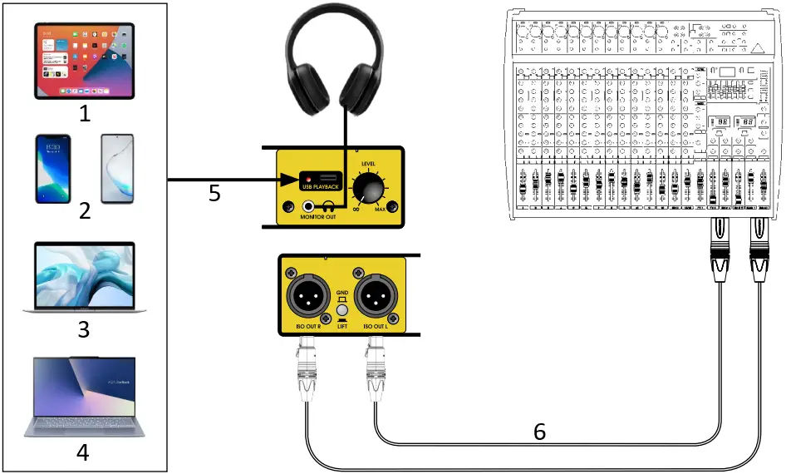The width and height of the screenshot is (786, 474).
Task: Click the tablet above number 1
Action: coord(84,61)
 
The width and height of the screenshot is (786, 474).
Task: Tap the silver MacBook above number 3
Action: coord(84,277)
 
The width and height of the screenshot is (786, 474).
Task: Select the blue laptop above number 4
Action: coord(84,397)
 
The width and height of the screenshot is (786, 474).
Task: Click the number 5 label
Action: coord(214,194)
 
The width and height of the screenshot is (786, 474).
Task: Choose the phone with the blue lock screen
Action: coord(52,169)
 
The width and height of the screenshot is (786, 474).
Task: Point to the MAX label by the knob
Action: coord(379,208)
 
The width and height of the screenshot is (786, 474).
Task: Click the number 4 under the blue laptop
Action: coord(84,452)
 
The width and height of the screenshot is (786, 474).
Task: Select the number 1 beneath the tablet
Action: coord(84,113)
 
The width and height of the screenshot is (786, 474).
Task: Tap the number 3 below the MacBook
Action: coord(84,329)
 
